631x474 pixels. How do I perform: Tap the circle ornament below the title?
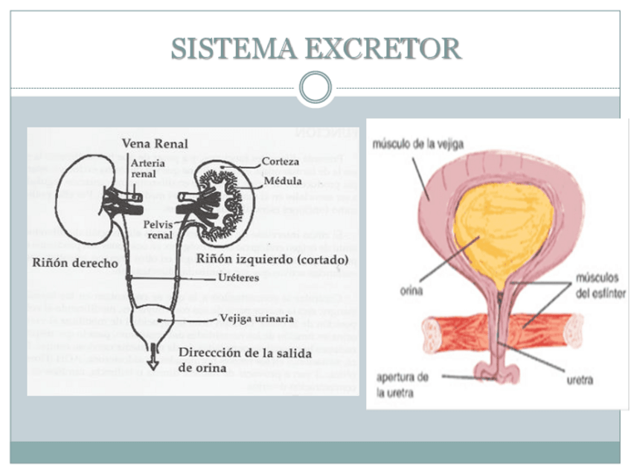[315, 87]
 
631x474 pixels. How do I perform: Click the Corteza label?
[281, 161]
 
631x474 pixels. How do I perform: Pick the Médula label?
[283, 180]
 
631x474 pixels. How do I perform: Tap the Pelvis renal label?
[160, 229]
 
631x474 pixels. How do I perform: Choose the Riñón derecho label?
[74, 263]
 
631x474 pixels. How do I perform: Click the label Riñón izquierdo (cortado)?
[272, 259]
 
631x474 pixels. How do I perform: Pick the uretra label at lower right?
[580, 380]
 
